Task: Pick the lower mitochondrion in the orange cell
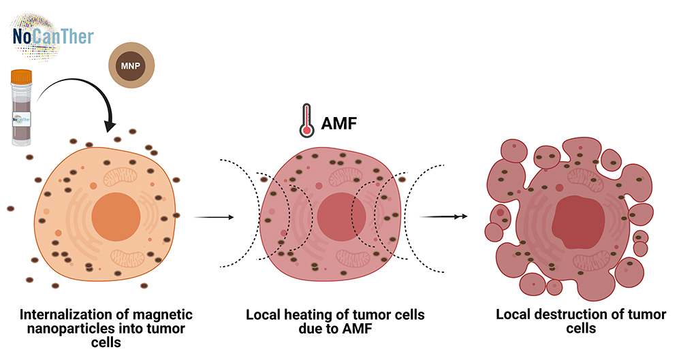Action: click(x=128, y=257)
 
